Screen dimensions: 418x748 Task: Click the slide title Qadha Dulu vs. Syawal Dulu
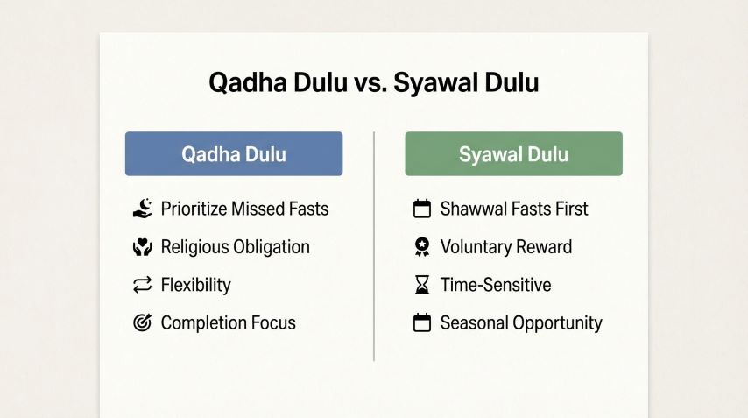click(x=374, y=83)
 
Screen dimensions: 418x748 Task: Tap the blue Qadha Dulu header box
click(x=234, y=154)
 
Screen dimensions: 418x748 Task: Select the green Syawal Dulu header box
click(x=513, y=154)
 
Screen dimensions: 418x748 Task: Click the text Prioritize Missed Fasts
click(x=244, y=209)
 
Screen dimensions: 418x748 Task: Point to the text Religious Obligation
click(x=235, y=247)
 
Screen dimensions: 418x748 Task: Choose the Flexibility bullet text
click(x=195, y=285)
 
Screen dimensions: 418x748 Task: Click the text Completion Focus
click(x=228, y=322)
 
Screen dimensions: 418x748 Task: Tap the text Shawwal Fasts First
click(x=514, y=209)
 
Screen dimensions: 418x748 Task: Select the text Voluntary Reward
click(x=505, y=247)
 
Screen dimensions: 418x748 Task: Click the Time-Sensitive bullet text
click(x=496, y=285)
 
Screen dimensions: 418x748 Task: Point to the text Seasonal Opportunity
click(x=521, y=322)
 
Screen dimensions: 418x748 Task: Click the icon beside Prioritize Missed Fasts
click(x=142, y=209)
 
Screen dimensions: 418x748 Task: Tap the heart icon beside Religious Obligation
click(x=142, y=247)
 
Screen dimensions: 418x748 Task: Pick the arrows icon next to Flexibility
click(x=142, y=285)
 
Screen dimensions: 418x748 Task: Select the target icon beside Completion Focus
click(x=142, y=322)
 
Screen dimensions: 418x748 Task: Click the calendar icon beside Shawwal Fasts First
click(x=422, y=209)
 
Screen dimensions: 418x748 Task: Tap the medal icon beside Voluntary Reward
click(x=422, y=247)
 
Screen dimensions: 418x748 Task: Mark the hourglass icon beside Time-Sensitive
click(x=422, y=285)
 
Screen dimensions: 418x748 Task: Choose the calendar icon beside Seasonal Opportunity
click(x=422, y=322)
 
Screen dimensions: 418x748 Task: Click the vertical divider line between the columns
click(x=374, y=245)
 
